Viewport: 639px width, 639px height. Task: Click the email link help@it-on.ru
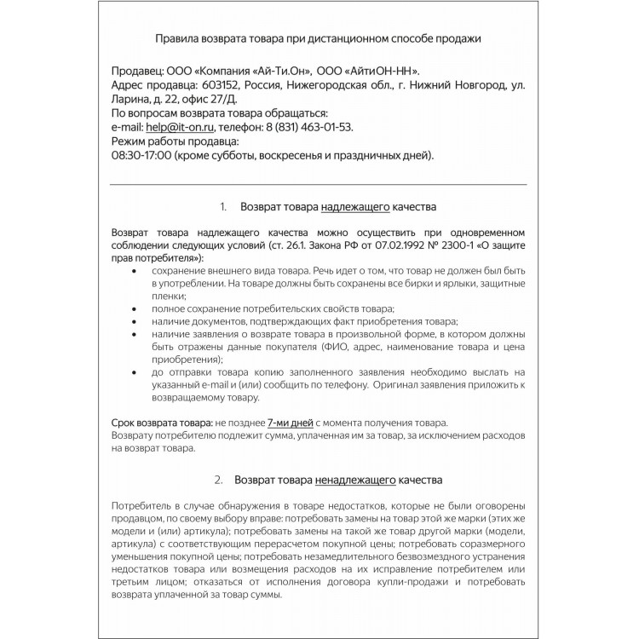point(186,127)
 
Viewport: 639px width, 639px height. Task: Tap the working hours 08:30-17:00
point(141,155)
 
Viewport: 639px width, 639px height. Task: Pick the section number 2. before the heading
point(218,480)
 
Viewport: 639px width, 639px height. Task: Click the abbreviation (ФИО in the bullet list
point(335,348)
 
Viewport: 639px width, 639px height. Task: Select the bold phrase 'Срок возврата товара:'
point(162,423)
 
